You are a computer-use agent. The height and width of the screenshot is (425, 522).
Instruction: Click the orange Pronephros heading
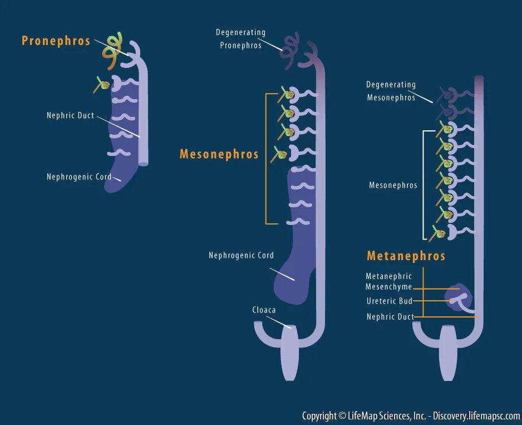(56, 41)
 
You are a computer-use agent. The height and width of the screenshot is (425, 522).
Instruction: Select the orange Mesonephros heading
(219, 155)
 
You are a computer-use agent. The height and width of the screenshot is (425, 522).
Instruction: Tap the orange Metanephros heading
(406, 256)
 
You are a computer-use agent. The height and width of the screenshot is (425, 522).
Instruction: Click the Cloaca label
(264, 310)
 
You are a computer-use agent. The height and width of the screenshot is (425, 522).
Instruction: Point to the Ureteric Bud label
(389, 301)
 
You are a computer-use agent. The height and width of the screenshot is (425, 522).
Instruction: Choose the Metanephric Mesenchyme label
(388, 282)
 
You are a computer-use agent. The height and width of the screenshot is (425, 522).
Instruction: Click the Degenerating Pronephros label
(240, 39)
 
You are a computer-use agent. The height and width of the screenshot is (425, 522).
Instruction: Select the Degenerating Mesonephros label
(391, 91)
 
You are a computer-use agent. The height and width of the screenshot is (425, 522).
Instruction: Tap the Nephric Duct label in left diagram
(70, 116)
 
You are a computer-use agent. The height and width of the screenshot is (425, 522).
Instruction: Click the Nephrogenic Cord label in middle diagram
(241, 256)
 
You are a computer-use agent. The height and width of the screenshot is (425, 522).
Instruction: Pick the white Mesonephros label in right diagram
(393, 185)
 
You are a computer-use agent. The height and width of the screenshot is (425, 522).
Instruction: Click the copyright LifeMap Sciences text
(411, 416)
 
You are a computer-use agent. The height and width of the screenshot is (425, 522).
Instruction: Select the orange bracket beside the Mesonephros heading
(267, 159)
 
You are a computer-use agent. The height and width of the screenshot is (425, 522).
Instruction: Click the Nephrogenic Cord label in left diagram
(78, 177)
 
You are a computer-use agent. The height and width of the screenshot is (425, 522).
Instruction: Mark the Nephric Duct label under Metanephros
(390, 317)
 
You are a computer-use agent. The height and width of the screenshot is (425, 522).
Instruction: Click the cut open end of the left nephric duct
(143, 164)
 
